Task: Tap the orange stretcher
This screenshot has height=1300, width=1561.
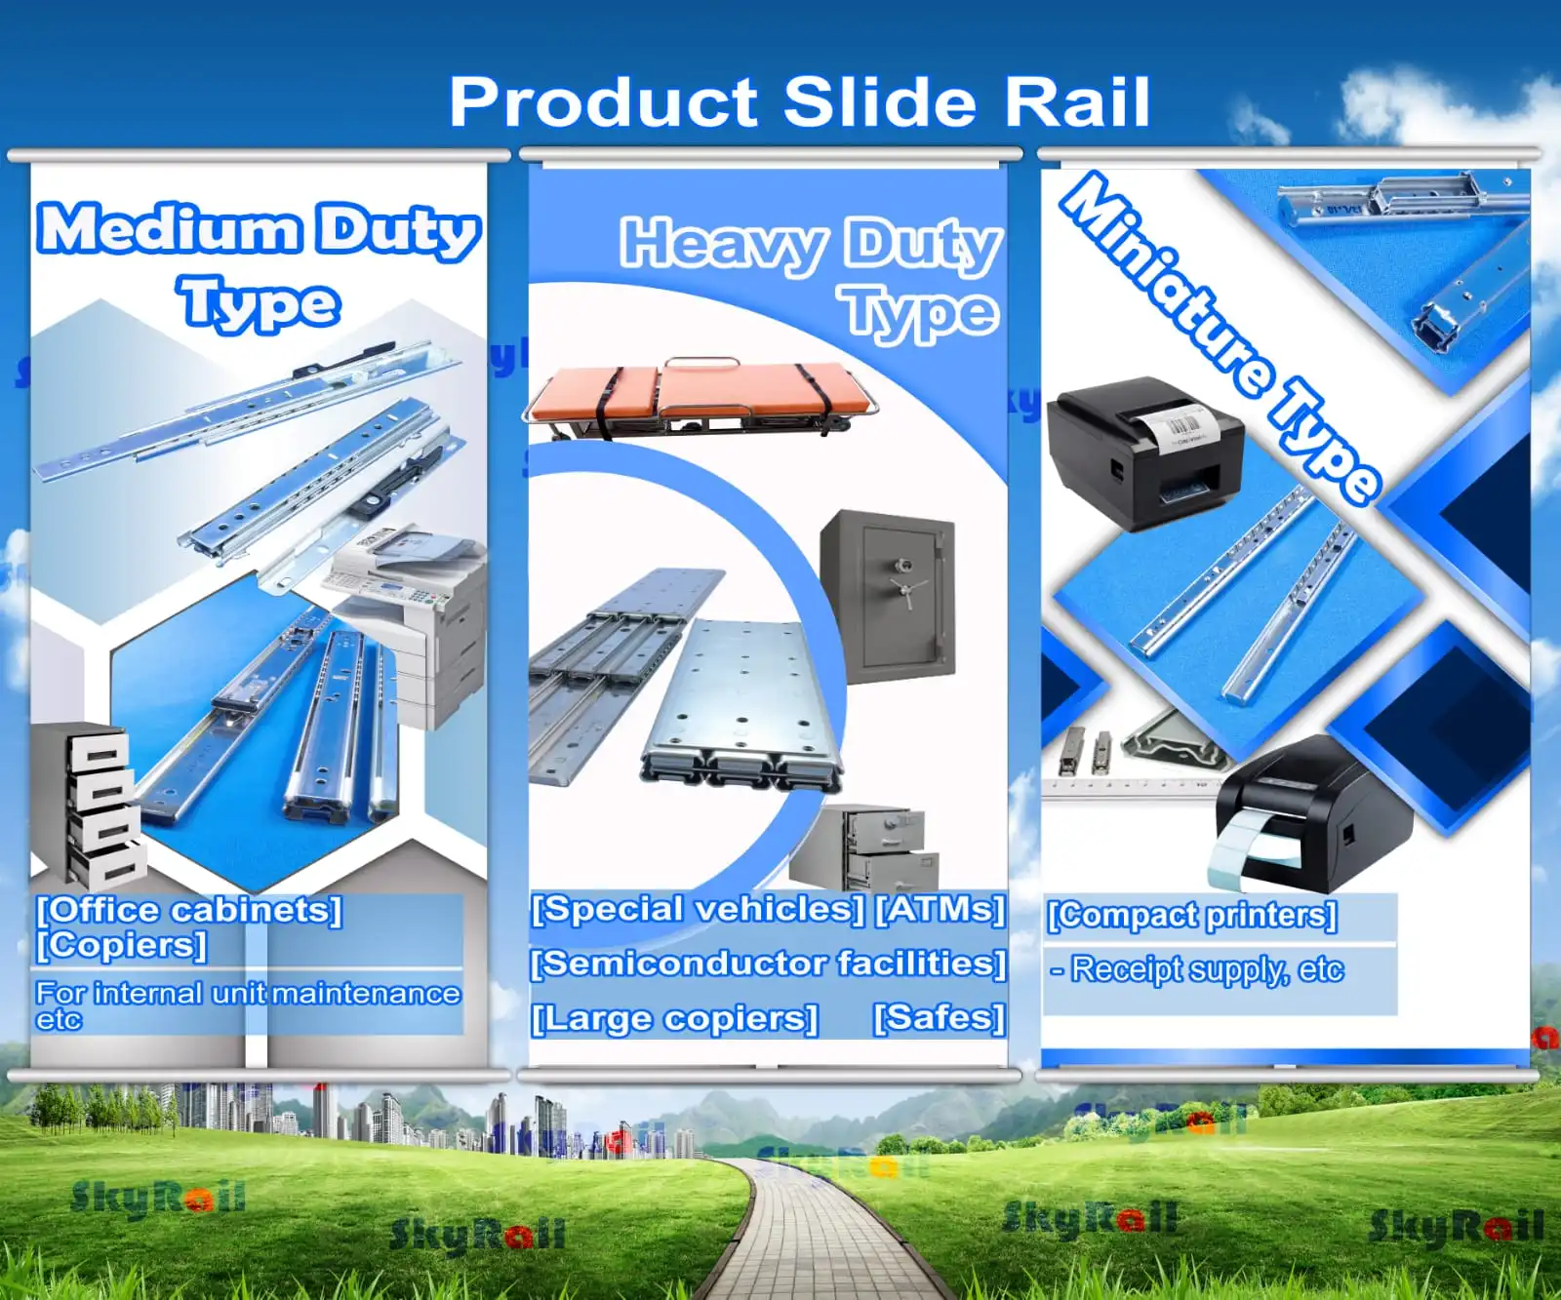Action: (700, 395)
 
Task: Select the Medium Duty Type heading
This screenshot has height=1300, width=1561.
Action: (260, 263)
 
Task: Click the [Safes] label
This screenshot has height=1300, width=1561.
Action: (939, 1017)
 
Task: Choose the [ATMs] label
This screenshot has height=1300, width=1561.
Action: (941, 909)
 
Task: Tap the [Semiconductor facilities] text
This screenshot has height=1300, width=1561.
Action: (768, 964)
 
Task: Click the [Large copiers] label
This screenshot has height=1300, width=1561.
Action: (674, 1018)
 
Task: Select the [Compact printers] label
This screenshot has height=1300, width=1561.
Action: (1191, 915)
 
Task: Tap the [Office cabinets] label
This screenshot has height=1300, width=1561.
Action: (189, 910)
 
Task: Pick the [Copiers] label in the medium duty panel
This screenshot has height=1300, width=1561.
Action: (122, 944)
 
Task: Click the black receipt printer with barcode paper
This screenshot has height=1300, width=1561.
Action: (1144, 453)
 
